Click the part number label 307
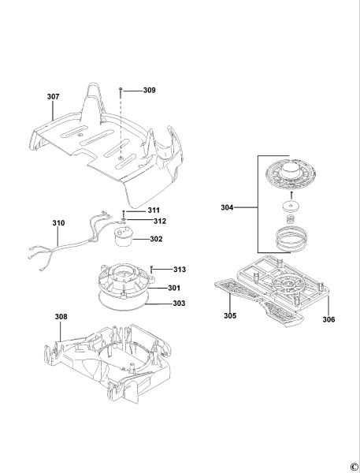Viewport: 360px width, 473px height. tap(53, 96)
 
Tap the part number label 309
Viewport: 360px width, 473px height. tap(149, 90)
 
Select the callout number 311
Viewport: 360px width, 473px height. tap(154, 210)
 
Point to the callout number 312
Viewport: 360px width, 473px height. tap(160, 221)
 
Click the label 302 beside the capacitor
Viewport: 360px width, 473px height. tap(156, 239)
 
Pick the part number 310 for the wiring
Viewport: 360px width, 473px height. tap(58, 223)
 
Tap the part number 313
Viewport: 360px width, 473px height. tap(180, 270)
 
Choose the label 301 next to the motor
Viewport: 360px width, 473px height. tap(174, 288)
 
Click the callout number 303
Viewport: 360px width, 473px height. tap(179, 304)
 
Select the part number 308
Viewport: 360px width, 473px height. tap(61, 317)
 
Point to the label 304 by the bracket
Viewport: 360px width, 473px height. tap(227, 207)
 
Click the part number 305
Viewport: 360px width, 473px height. tap(230, 316)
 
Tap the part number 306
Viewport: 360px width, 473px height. tap(328, 319)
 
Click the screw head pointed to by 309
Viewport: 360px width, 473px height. tap(121, 89)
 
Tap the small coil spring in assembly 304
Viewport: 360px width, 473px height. tap(291, 219)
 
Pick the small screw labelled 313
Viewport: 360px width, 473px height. tap(152, 269)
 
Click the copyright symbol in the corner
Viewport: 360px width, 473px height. tap(354, 467)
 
